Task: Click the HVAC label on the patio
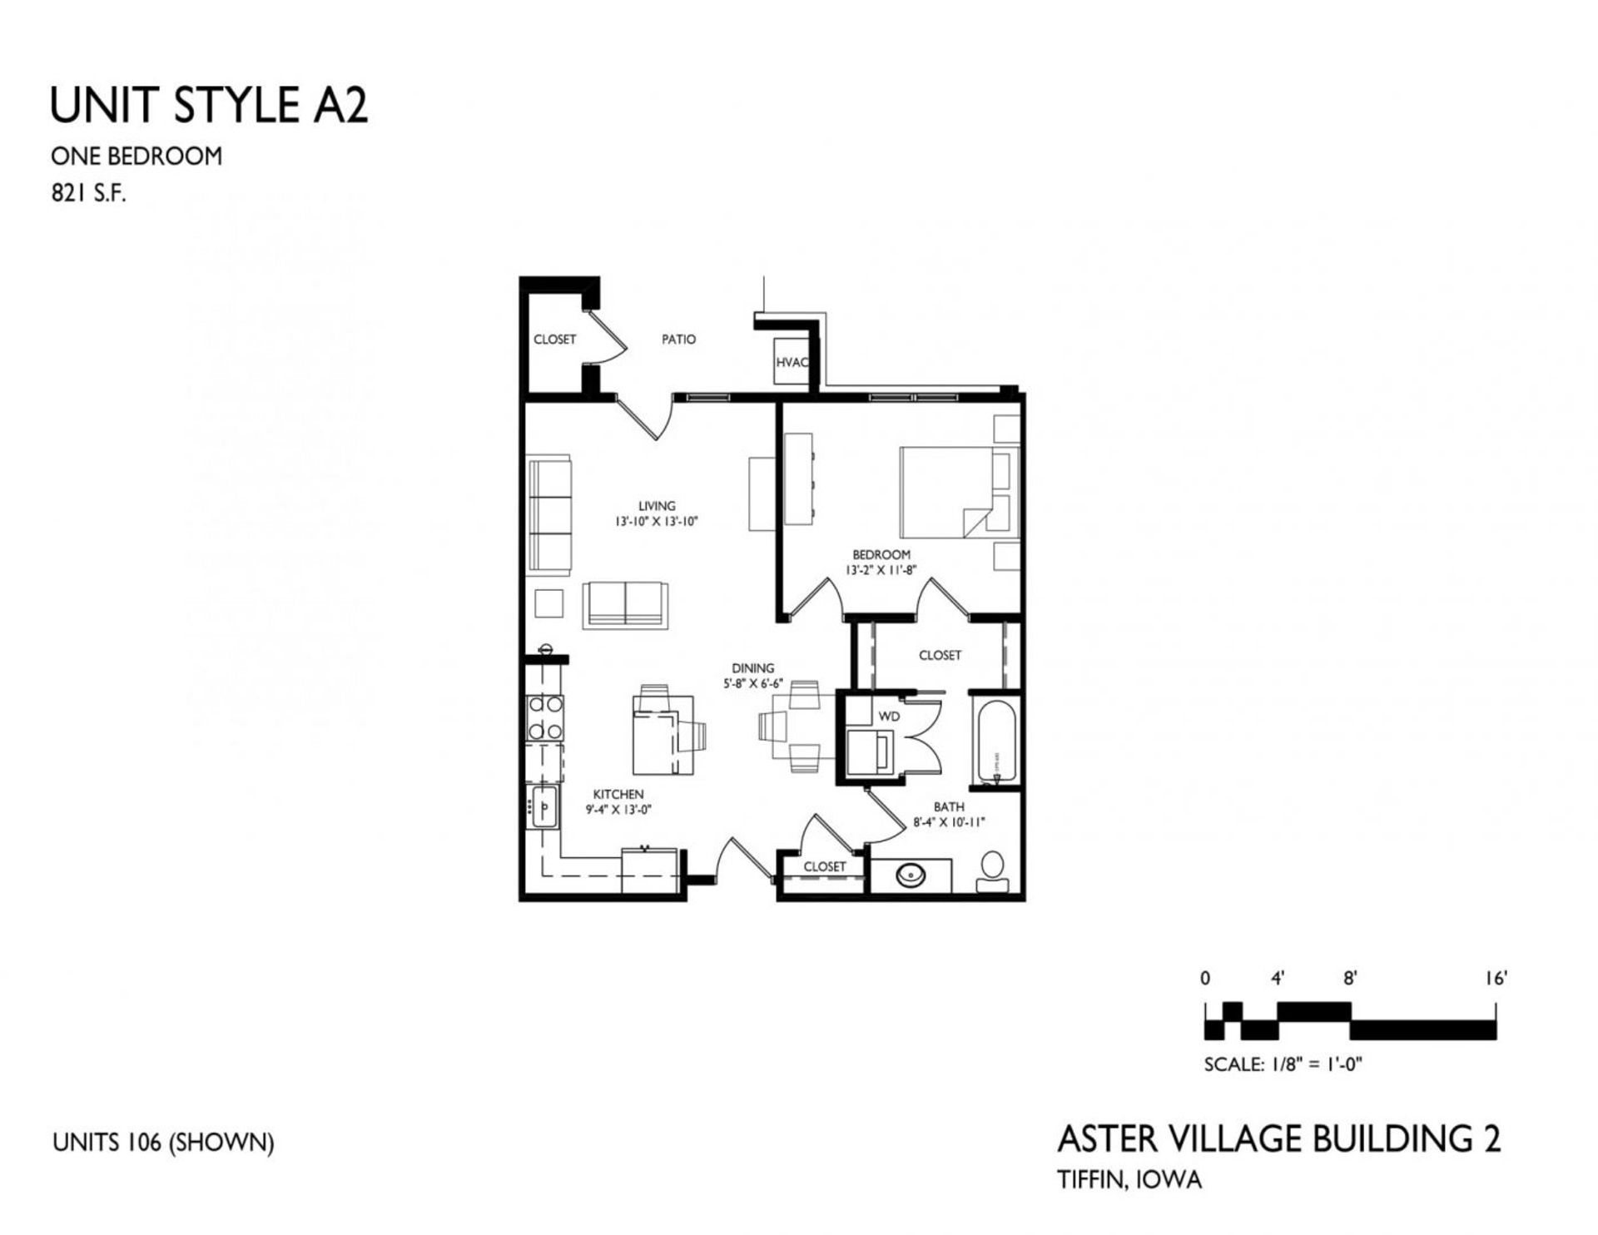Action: point(792,363)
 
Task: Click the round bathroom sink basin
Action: point(909,875)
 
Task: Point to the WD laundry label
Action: point(889,716)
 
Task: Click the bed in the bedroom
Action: point(949,493)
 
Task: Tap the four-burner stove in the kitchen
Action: point(545,717)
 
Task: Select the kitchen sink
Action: point(544,806)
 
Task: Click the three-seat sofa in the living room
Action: point(550,514)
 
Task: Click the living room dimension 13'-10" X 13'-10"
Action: point(656,522)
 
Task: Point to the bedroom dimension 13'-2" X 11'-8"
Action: point(881,571)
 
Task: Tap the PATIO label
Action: point(678,340)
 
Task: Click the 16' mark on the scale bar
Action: point(1496,980)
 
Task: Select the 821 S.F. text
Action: point(88,194)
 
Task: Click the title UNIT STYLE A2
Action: point(209,106)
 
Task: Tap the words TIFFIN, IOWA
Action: point(1129,1179)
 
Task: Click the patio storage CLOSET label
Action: point(554,340)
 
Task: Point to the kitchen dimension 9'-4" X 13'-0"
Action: point(618,809)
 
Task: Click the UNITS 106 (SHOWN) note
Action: point(163,1143)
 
